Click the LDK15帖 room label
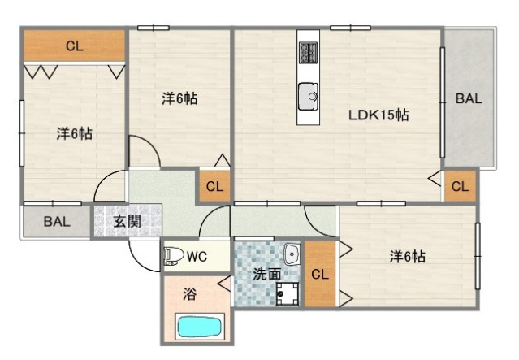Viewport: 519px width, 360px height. click(378, 115)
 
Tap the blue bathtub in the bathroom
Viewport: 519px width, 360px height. click(200, 327)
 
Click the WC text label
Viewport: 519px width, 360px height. click(197, 257)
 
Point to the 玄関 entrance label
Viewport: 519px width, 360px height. click(127, 221)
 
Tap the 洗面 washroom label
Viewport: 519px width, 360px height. click(266, 274)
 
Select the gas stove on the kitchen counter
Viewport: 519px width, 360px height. click(309, 53)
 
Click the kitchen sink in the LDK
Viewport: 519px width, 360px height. click(309, 95)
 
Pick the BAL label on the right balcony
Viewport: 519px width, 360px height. click(469, 99)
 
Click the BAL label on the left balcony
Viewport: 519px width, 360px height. click(56, 221)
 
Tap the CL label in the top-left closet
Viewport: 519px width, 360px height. click(74, 46)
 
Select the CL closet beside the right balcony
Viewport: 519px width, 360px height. click(460, 187)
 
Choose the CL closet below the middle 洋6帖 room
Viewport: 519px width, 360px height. click(214, 187)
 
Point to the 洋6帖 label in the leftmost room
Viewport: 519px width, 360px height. click(73, 133)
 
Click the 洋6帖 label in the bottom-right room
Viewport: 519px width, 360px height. click(407, 257)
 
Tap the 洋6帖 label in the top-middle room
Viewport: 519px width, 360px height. click(179, 98)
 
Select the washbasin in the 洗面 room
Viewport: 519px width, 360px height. click(292, 255)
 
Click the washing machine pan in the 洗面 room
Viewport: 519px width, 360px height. click(286, 293)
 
